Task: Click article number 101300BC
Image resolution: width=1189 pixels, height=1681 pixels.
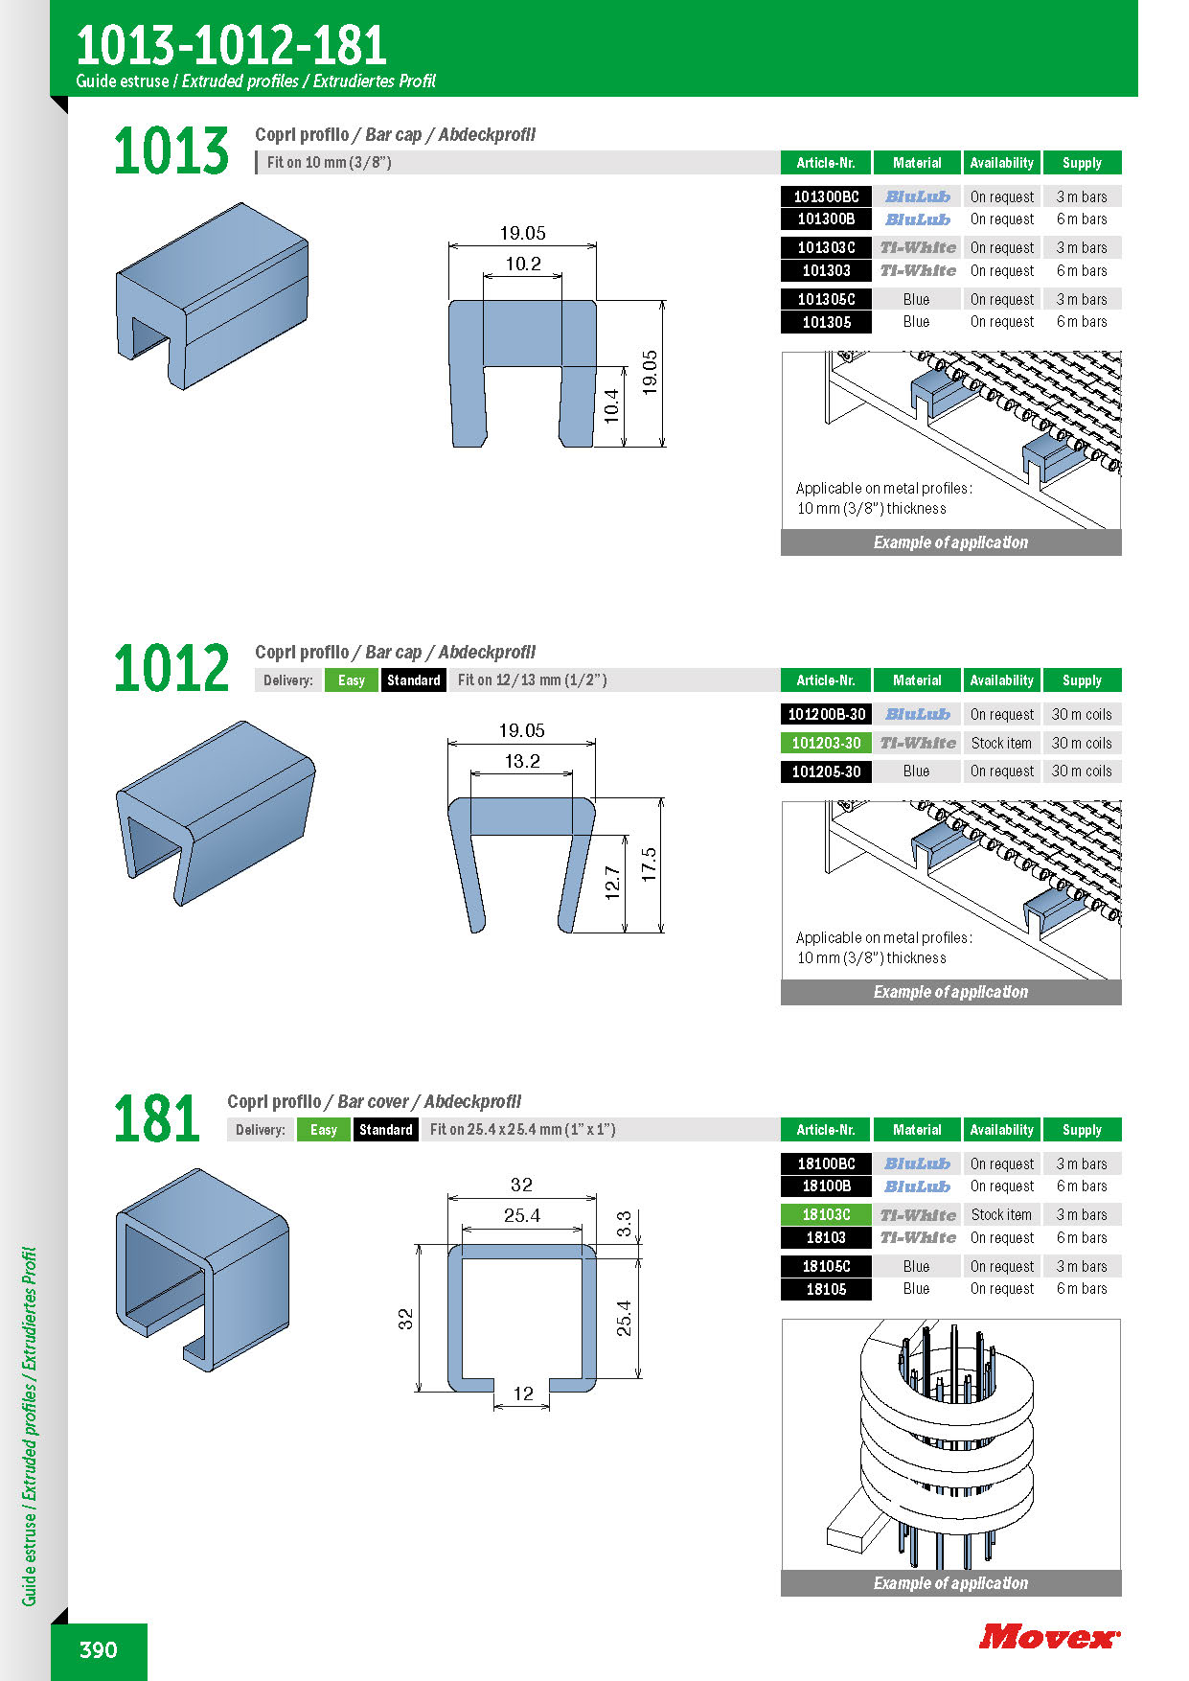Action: coord(826,196)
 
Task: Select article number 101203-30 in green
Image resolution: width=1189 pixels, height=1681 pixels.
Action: coord(826,743)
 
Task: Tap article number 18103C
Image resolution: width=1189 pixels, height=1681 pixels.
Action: coord(826,1214)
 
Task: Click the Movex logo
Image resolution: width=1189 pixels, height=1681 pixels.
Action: coord(1049,1636)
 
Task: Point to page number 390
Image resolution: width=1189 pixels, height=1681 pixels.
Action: coord(99,1649)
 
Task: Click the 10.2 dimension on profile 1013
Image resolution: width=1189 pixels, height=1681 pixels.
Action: coord(523,264)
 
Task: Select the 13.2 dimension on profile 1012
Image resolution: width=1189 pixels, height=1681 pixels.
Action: coord(522,761)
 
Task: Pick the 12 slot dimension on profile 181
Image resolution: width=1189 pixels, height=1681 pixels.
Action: coord(523,1393)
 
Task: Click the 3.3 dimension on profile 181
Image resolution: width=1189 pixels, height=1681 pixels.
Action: coord(624,1224)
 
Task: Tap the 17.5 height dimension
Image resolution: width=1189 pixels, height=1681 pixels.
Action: coord(649,864)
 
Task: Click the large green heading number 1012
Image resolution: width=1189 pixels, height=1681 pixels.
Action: coord(171,668)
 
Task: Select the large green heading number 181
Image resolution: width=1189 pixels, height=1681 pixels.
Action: coord(157,1117)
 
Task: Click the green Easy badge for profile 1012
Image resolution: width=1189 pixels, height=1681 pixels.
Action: coord(352,680)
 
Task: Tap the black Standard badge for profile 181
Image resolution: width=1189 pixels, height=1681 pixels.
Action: coord(386,1130)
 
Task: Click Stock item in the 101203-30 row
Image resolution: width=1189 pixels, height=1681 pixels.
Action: coord(1001,743)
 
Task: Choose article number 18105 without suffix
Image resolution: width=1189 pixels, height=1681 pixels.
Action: coord(826,1289)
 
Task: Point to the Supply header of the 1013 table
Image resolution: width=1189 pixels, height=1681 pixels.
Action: coord(1082,163)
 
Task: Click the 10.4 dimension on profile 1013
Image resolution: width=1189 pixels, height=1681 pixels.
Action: coord(611,406)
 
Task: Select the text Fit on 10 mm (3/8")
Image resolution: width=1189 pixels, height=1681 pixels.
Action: coord(330,163)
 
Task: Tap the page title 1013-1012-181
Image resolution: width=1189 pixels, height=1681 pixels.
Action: coord(231,44)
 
